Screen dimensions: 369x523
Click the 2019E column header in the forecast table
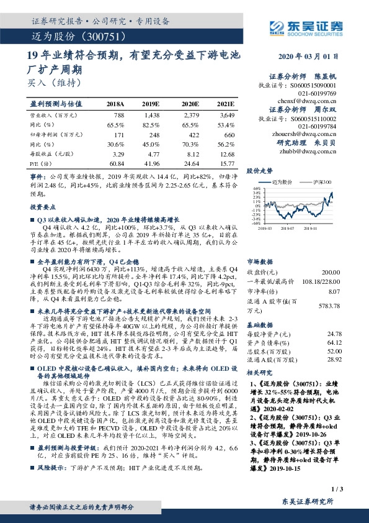coord(151,103)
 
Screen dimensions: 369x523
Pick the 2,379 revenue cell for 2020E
coord(190,116)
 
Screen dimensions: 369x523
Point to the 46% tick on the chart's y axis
coord(256,188)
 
